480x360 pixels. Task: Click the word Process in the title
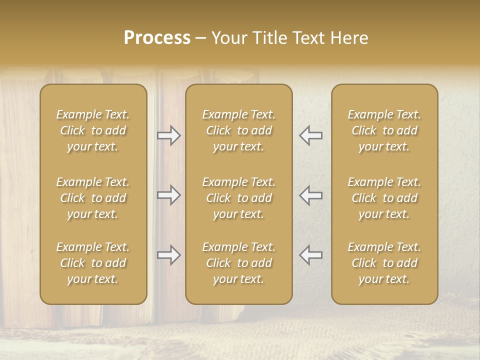157,38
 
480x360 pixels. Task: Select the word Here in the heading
349,38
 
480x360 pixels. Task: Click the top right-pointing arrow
168,135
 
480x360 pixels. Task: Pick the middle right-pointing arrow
168,195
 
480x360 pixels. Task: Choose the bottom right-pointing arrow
168,255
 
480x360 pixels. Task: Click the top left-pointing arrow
311,135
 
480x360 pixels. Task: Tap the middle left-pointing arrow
311,195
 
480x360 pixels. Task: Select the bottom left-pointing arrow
311,255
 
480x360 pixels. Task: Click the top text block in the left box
93,130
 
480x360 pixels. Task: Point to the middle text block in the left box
93,198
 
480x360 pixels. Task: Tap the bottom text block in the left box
93,263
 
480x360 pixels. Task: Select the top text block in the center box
239,130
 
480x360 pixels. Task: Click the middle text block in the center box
239,198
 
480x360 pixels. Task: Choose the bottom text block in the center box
239,263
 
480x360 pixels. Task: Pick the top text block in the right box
384,130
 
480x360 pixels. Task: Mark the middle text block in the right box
384,198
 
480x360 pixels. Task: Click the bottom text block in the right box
384,263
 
